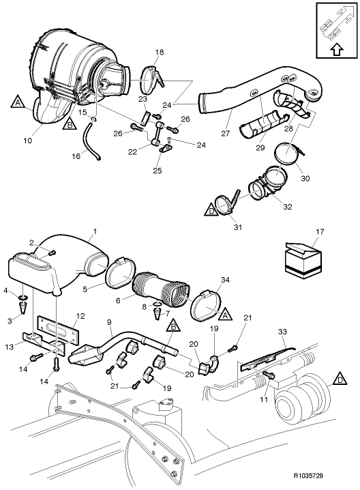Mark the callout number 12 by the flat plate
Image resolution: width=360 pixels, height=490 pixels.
[80, 316]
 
